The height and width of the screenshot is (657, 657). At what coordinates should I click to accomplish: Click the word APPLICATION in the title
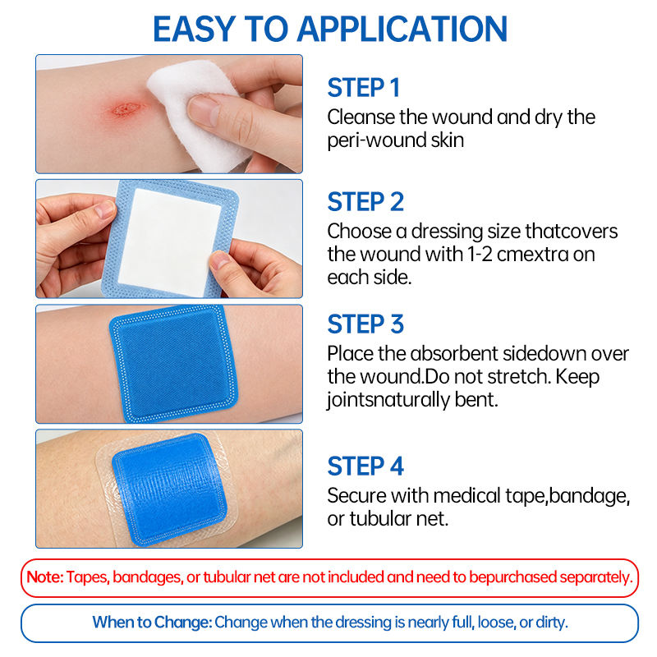[x=402, y=29]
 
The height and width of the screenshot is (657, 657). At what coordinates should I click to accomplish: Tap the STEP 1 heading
[x=363, y=88]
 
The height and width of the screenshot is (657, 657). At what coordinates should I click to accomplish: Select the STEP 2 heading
[x=365, y=202]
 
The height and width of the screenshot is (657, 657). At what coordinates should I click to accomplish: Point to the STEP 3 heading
[x=365, y=324]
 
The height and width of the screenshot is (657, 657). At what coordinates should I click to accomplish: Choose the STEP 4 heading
[x=365, y=466]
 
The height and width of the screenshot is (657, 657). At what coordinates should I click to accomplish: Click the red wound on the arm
[x=126, y=109]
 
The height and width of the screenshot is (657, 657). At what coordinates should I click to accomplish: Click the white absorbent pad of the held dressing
[x=170, y=242]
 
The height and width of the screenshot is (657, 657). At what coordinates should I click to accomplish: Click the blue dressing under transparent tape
[x=170, y=489]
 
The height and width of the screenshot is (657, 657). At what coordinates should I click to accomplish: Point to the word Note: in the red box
[x=45, y=577]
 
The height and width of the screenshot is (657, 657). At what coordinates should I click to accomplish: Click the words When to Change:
[x=153, y=623]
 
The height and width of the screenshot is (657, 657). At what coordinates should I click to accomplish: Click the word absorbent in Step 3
[x=455, y=354]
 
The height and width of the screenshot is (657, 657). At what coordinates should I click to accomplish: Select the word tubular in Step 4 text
[x=380, y=519]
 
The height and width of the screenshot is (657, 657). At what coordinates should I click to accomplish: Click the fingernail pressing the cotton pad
[x=203, y=110]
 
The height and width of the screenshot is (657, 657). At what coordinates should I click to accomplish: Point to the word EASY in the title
[x=193, y=29]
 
